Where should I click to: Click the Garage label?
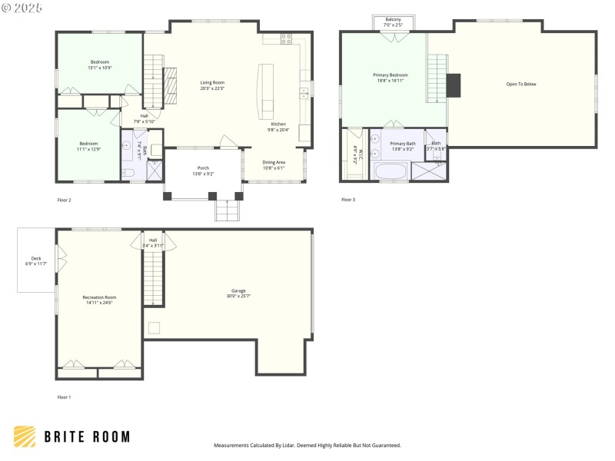[x=238, y=293]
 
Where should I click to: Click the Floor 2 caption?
[x=65, y=200]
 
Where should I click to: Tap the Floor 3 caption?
[x=348, y=200]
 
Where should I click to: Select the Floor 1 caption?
[x=65, y=397]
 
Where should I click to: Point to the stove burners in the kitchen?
[x=286, y=38]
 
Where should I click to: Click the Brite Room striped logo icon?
[x=25, y=436]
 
